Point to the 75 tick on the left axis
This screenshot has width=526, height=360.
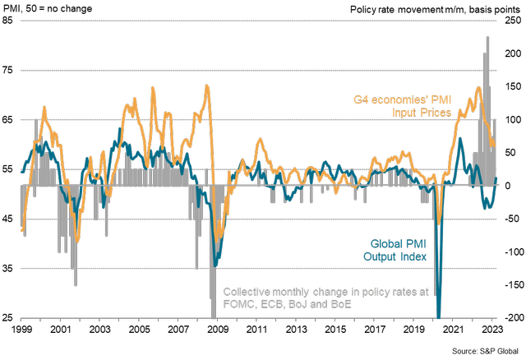pos(7,71)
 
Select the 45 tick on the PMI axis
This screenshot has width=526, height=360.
pos(7,219)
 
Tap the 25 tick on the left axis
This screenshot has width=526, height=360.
pos(7,317)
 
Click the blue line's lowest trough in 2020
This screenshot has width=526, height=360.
pos(438,315)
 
